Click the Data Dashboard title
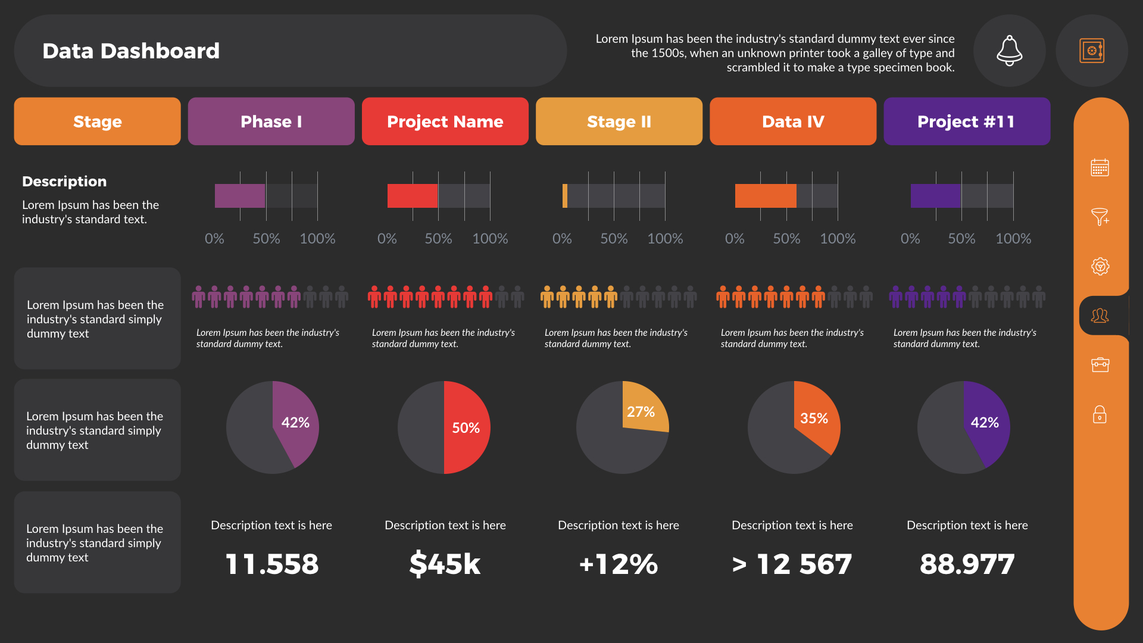[x=131, y=51]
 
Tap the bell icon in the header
[x=1009, y=51]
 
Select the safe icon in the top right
[x=1091, y=51]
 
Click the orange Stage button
[x=97, y=121]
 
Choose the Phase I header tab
[x=271, y=121]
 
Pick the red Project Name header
[x=445, y=121]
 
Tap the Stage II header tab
[x=619, y=121]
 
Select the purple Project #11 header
[x=966, y=121]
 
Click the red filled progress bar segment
[x=412, y=196]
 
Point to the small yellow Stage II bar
[x=565, y=196]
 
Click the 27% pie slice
[x=644, y=408]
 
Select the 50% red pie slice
[x=466, y=427]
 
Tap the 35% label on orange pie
[x=814, y=419]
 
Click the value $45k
[x=445, y=564]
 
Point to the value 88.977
[x=967, y=564]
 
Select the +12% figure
[x=619, y=564]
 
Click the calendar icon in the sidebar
[x=1100, y=168]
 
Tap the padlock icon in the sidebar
[x=1100, y=414]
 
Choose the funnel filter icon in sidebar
[x=1100, y=217]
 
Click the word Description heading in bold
[x=64, y=182]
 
